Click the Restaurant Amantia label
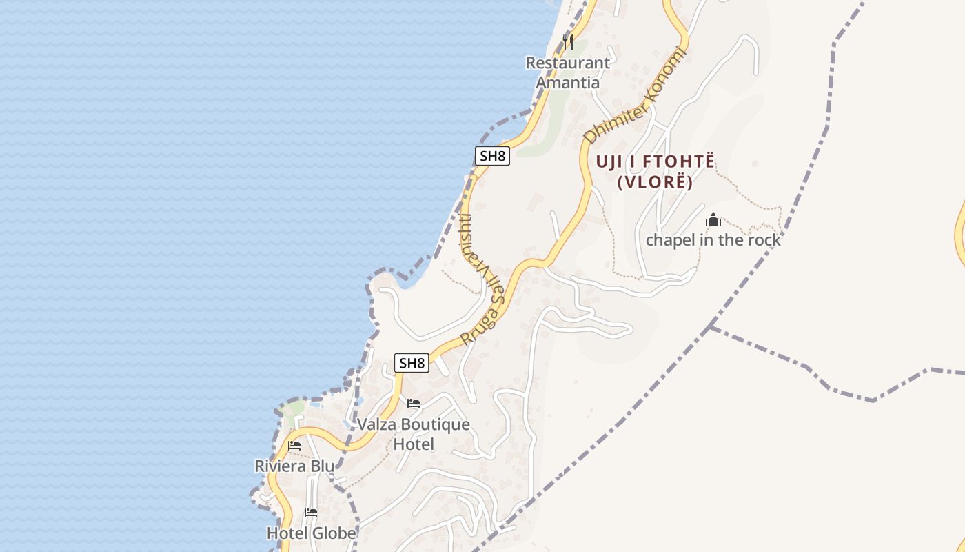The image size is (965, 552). (x=567, y=72)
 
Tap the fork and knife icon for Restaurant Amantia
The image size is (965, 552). (x=567, y=41)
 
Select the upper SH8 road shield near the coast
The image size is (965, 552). (x=492, y=156)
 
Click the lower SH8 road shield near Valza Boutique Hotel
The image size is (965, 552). (x=412, y=363)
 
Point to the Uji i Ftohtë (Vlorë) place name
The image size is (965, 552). (x=655, y=172)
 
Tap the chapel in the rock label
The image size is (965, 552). (x=713, y=240)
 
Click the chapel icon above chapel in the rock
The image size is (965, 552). (x=713, y=220)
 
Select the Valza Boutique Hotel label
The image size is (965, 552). (x=414, y=434)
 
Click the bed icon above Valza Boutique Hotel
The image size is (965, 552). (x=414, y=404)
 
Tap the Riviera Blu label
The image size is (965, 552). (x=294, y=466)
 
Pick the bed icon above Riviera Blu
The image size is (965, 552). (x=294, y=446)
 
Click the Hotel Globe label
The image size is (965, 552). (x=312, y=533)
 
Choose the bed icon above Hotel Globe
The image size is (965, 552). (x=311, y=513)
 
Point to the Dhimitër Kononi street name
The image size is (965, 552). (x=636, y=97)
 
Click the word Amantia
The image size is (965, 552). (x=567, y=83)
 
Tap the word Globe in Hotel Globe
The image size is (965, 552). (x=334, y=533)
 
